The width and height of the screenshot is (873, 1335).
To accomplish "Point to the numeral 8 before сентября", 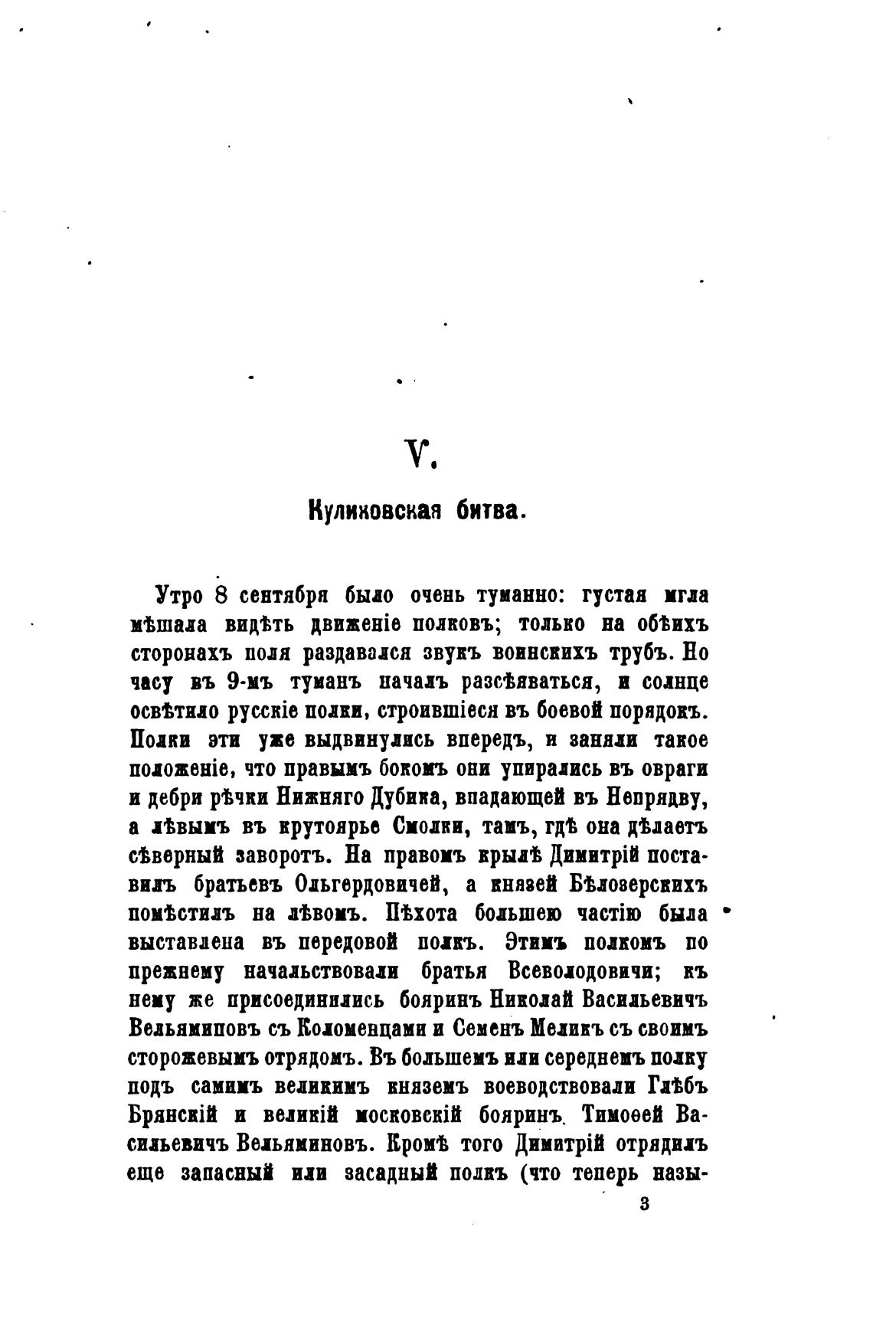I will [x=221, y=595].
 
